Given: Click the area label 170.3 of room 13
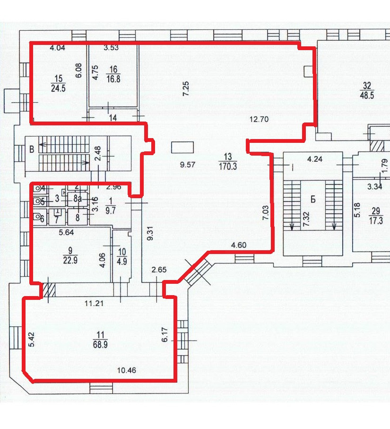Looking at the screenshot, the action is tap(228, 166).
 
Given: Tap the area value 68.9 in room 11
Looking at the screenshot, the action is tap(100, 344).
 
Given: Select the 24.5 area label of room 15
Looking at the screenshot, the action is tap(58, 88).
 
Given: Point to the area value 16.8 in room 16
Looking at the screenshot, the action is tap(113, 79).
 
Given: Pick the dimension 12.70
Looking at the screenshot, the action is tap(259, 119).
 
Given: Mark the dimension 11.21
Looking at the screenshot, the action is tap(94, 303).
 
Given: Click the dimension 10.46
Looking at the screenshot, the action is tap(127, 370).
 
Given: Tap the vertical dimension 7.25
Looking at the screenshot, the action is tap(186, 88).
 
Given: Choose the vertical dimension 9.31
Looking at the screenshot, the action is tap(149, 234).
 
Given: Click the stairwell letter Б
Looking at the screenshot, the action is tap(313, 200).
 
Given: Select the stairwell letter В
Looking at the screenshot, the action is tap(32, 149).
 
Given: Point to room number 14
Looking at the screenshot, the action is tap(113, 118).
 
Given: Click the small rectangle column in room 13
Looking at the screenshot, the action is tap(182, 147).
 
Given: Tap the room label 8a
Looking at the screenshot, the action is tap(78, 199).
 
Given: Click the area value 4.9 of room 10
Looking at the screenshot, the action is tap(121, 261).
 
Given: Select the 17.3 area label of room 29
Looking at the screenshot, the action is tap(376, 220).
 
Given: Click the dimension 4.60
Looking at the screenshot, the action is tap(238, 245).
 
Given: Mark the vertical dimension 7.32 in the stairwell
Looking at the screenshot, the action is tap(306, 219).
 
